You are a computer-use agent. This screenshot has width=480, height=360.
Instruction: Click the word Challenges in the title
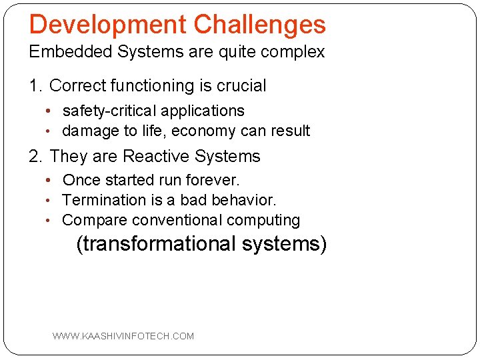coord(259,25)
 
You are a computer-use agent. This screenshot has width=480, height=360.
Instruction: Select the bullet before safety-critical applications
coord(52,111)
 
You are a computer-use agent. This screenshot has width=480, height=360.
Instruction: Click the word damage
coord(91,131)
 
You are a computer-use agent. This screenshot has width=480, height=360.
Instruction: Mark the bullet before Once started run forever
coord(52,181)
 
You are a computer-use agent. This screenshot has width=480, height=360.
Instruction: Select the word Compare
coord(95,220)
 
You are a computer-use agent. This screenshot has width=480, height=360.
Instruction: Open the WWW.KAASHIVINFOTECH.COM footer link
coord(123,336)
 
